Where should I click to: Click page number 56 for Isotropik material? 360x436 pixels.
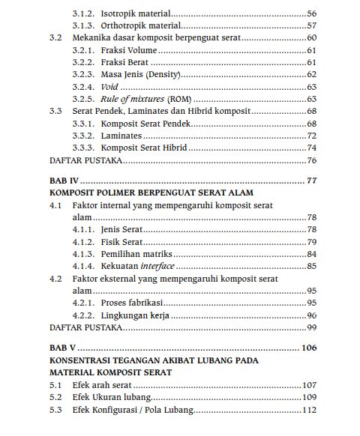click(x=311, y=13)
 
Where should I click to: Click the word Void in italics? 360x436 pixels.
click(x=109, y=87)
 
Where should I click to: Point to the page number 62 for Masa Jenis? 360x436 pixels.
click(x=311, y=75)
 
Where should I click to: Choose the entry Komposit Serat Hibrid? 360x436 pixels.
click(x=144, y=148)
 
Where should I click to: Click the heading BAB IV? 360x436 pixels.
click(x=64, y=181)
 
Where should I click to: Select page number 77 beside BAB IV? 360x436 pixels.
click(x=311, y=181)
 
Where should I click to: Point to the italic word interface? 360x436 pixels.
click(x=157, y=266)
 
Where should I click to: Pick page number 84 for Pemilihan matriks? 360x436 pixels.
click(x=311, y=254)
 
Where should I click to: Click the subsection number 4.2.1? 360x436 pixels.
click(x=83, y=303)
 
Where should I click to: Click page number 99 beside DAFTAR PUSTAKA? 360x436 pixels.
click(x=311, y=327)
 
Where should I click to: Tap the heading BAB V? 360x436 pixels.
click(x=62, y=348)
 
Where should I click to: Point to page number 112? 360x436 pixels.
click(x=308, y=410)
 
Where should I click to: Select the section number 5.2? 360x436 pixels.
click(x=55, y=397)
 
